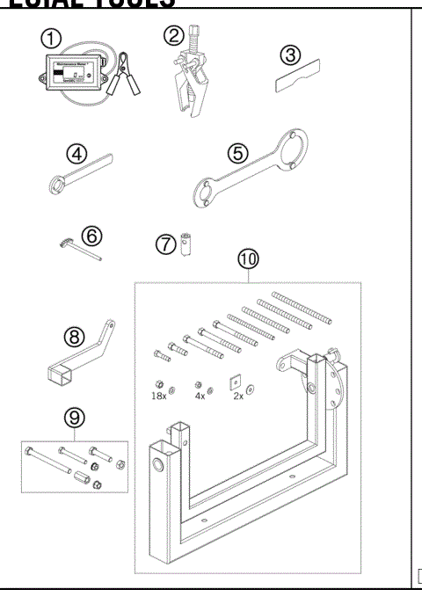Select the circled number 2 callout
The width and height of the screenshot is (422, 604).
(173, 38)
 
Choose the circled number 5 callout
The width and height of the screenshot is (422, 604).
(238, 152)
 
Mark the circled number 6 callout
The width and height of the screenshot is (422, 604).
(93, 236)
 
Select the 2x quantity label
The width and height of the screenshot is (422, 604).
(238, 397)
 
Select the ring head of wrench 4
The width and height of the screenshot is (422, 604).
(55, 182)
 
